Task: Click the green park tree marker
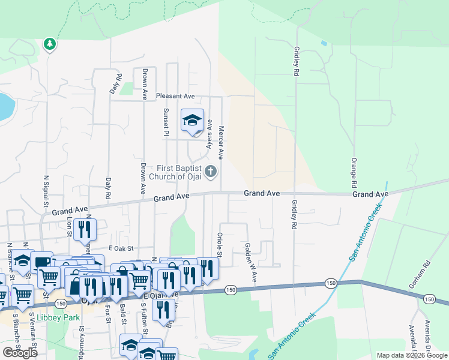50,44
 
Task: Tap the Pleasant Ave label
175,96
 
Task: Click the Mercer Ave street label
220,143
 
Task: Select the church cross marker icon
211,172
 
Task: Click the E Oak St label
119,248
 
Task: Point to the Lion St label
69,227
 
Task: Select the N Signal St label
46,191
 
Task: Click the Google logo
20,353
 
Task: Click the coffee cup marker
43,262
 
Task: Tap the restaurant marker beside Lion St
85,229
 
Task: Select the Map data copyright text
411,355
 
